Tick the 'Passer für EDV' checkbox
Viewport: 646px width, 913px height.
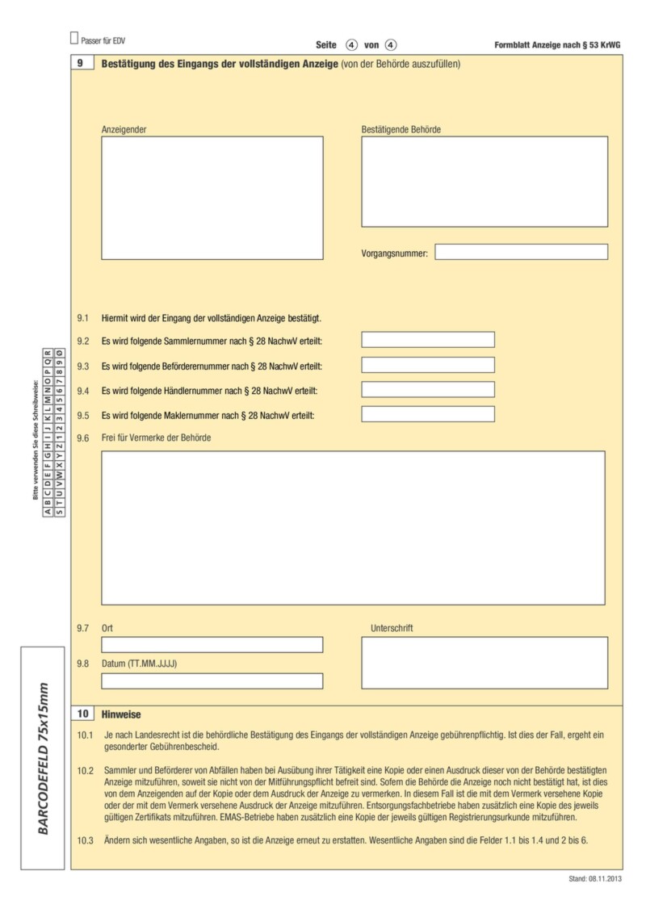74,38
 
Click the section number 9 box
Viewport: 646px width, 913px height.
82,63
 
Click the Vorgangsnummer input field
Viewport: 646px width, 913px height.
521,252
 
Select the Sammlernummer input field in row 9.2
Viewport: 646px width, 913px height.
427,340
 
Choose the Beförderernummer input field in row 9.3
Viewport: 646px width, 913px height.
427,365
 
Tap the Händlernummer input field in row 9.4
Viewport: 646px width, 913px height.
427,390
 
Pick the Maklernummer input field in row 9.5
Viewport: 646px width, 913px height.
427,415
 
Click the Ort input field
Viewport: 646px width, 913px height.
212,645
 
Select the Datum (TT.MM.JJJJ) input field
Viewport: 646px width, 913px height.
212,681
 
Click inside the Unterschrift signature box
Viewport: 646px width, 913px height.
484,663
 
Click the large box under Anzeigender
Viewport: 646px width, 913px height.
212,198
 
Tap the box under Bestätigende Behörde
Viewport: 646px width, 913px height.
484,182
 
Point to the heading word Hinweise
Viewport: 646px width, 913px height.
121,714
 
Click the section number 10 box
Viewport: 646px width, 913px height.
82,714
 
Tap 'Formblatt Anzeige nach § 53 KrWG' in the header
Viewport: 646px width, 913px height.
558,45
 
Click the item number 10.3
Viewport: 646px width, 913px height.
86,840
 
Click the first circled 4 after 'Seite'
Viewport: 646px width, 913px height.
351,45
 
